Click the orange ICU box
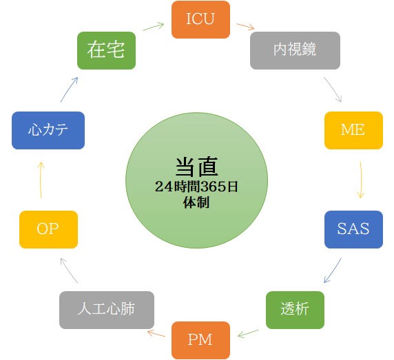tap(200, 19)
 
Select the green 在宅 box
tap(106, 50)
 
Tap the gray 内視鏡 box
tap(295, 50)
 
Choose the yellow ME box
tap(353, 130)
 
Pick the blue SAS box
tap(353, 229)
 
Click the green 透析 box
tap(295, 310)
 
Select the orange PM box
tap(200, 341)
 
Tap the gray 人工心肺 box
tap(107, 310)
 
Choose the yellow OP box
tap(48, 229)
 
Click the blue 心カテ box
tap(48, 130)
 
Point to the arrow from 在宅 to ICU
tap(154, 27)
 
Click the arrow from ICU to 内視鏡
tap(245, 27)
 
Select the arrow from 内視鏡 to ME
tap(333, 89)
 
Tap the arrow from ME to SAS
tap(361, 180)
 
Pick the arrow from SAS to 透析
tap(333, 271)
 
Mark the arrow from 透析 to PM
tap(248, 334)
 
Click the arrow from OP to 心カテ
tap(41, 180)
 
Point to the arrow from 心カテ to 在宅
tap(69, 89)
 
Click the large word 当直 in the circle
tap(196, 167)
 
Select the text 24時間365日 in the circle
tap(196, 187)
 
